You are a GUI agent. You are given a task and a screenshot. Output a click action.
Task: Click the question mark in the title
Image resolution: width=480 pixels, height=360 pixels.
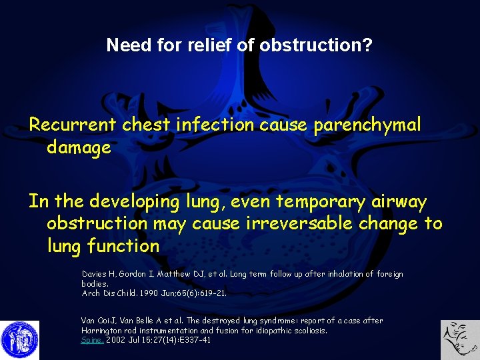368,45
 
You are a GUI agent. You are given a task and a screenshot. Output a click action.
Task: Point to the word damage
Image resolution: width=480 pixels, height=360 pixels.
79,148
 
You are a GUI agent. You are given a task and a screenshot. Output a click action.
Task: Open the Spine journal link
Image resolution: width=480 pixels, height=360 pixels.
92,339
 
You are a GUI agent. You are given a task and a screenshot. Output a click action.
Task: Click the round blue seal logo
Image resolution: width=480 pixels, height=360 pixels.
20,340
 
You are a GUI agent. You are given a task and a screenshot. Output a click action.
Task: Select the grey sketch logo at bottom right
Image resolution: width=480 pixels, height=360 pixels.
461,340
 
